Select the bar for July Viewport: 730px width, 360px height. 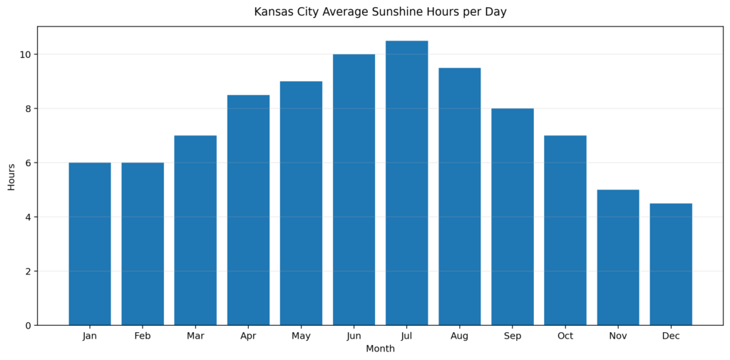pos(406,183)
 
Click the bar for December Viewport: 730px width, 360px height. pos(671,264)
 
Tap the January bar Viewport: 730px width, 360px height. pos(90,244)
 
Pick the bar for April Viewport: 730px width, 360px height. pos(248,210)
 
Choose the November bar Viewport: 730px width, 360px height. pos(618,257)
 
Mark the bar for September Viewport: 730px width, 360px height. pos(513,217)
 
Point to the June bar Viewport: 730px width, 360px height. pos(354,190)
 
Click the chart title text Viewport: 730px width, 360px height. pos(380,12)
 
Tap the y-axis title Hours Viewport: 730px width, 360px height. pos(11,176)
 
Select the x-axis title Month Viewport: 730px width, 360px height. pos(380,349)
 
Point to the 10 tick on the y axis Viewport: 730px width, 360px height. pos(26,55)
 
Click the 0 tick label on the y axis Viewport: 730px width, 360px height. pos(29,326)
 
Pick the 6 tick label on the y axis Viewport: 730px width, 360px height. pos(29,163)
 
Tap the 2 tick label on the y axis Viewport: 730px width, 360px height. pos(29,272)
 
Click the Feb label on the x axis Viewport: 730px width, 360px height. pos(143,336)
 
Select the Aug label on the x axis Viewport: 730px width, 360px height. pos(460,336)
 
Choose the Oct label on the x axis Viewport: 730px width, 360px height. pos(565,336)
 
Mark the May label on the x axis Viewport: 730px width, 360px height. pos(301,336)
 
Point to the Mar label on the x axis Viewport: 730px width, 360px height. pos(195,336)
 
